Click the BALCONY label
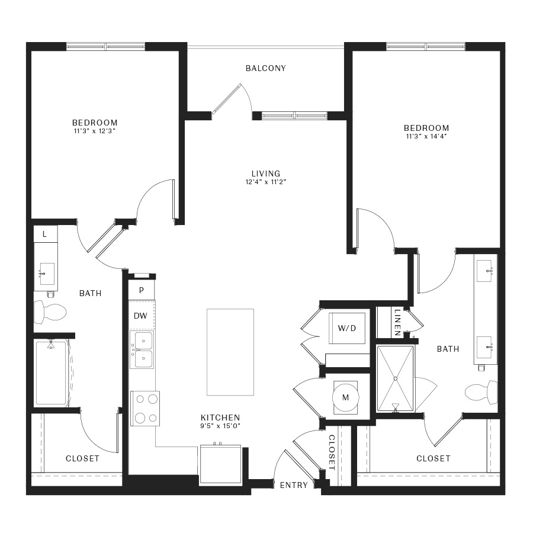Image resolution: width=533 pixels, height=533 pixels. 266,68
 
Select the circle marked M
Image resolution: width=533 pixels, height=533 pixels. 345,397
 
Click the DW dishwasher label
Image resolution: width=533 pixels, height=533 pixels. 140,316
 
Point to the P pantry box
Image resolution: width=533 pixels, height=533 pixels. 142,290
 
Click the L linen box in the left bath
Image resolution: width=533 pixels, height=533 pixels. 45,235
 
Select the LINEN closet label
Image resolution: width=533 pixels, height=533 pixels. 397,322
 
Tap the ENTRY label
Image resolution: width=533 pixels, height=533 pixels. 294,485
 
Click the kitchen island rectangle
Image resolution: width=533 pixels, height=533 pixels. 230,352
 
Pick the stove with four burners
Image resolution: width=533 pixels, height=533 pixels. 146,408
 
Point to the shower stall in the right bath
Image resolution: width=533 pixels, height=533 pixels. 396,378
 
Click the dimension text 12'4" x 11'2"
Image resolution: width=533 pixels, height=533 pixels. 265,182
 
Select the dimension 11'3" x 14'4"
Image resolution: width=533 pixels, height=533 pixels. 426,137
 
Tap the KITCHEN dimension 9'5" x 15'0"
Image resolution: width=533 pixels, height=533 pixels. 220,425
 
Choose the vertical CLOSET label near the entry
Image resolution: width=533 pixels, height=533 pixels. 332,453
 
